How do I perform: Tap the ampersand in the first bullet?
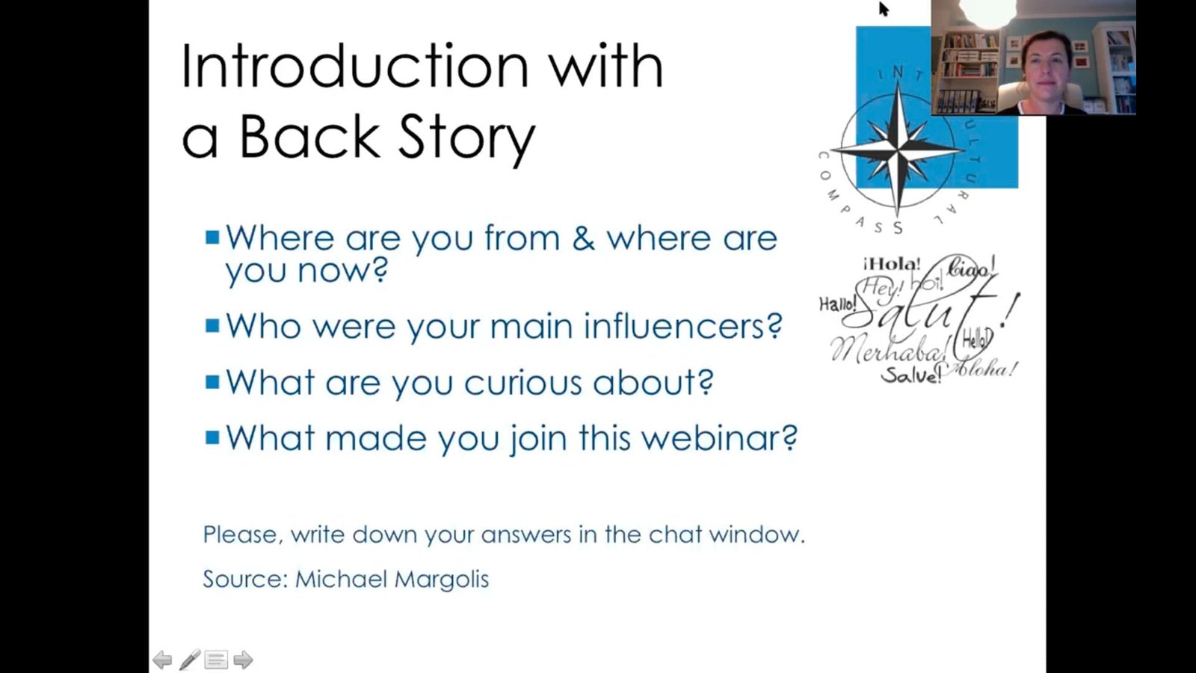pos(583,239)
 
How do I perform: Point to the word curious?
pos(523,383)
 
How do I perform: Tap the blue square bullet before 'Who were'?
pos(212,325)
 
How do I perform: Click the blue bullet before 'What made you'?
pos(212,437)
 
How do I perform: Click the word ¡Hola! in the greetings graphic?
pos(892,264)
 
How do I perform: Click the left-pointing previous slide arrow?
pos(162,660)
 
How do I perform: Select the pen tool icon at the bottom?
pos(190,660)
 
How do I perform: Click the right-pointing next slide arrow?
pos(243,660)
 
